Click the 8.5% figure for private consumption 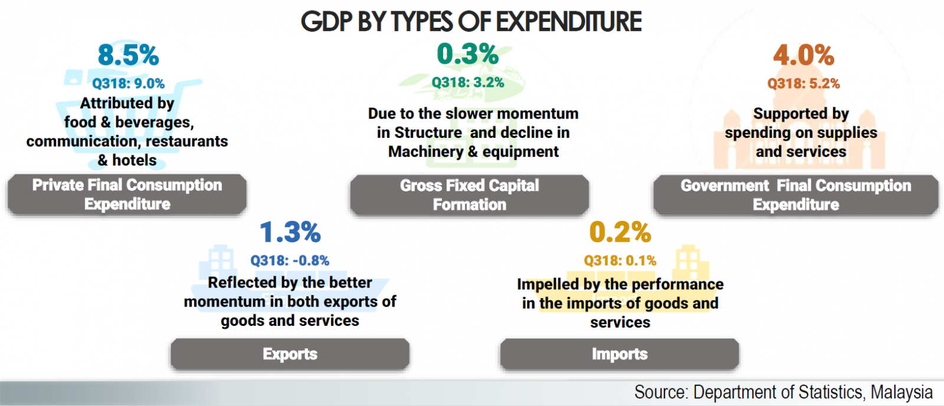coord(128,56)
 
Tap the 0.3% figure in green coord(467,54)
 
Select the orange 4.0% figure coord(804,56)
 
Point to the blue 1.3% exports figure coord(290,232)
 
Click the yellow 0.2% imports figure coord(620,232)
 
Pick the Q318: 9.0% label coord(128,84)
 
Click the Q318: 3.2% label coord(468,82)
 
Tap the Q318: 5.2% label coord(804,84)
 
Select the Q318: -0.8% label coord(290,260)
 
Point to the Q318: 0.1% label coord(620,260)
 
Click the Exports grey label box coord(290,354)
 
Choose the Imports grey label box coord(619,354)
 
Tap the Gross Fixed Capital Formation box coord(469,195)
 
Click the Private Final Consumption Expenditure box coord(127,194)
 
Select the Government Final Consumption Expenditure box coord(795,195)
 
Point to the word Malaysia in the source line coord(902,392)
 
